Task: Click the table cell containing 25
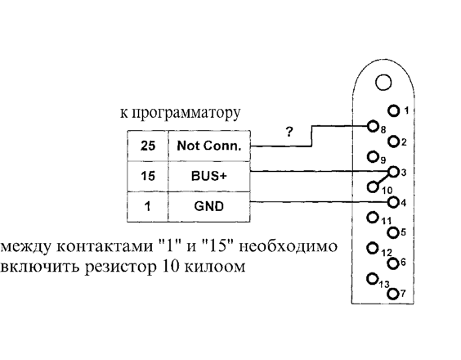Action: pyautogui.click(x=148, y=146)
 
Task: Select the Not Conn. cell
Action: pyautogui.click(x=209, y=146)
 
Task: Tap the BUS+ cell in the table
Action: pyautogui.click(x=209, y=177)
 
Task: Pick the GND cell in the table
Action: pyautogui.click(x=209, y=207)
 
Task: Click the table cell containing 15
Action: pyautogui.click(x=148, y=177)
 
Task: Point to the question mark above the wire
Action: pyautogui.click(x=289, y=132)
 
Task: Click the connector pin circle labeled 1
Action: pyautogui.click(x=393, y=111)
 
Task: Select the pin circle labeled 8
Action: pyautogui.click(x=373, y=126)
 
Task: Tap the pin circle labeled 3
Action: pyautogui.click(x=393, y=171)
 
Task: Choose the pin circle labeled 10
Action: pyautogui.click(x=373, y=187)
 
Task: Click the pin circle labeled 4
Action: pyautogui.click(x=393, y=202)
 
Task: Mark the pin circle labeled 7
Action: pyautogui.click(x=393, y=294)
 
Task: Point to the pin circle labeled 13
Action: pyautogui.click(x=373, y=278)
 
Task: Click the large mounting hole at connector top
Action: pyautogui.click(x=383, y=83)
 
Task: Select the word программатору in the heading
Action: pyautogui.click(x=186, y=112)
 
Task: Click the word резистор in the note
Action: pyautogui.click(x=120, y=267)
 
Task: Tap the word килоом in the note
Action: pyautogui.click(x=216, y=267)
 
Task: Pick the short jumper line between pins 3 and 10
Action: pyautogui.click(x=383, y=179)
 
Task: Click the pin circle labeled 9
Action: pyautogui.click(x=373, y=156)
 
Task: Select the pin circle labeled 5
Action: pyautogui.click(x=393, y=232)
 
